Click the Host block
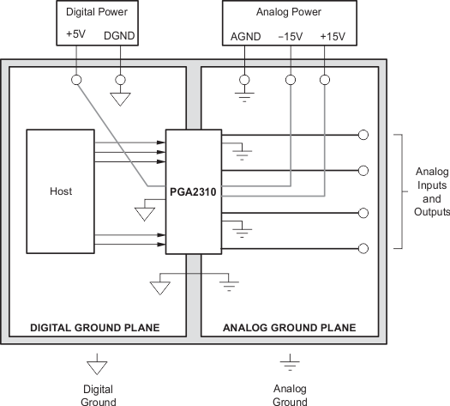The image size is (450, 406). pos(60,191)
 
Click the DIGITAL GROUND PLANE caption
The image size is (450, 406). pos(94,328)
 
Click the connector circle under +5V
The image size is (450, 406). pos(76,80)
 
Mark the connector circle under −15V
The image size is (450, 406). pos(291,80)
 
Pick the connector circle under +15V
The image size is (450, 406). pos(324,80)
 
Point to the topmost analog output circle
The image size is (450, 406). pos(363,135)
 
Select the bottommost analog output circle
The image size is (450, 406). pos(363,248)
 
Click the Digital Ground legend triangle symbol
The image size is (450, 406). pos(99,367)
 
